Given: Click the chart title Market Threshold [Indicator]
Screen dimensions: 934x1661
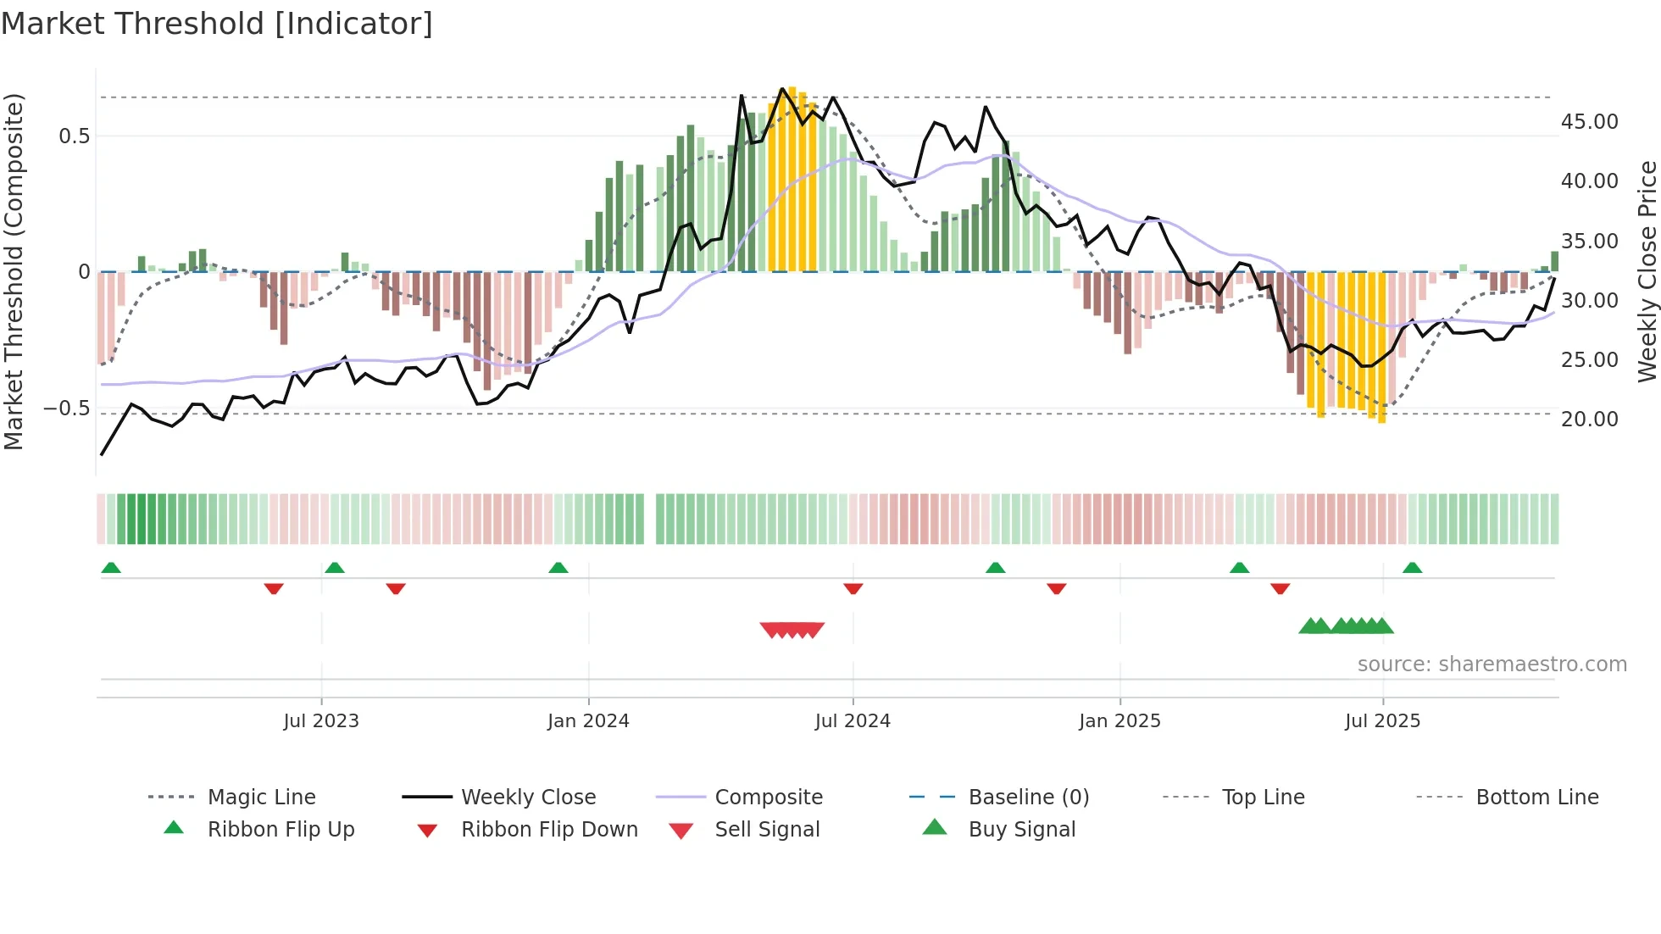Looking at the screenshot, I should pos(217,24).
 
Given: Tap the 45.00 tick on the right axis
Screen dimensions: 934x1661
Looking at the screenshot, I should pos(1589,122).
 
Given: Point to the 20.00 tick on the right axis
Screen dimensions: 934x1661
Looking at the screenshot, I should pos(1589,420).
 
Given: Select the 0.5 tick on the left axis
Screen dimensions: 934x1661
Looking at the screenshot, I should pos(75,136).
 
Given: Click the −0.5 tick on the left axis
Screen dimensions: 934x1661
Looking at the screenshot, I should pos(67,409).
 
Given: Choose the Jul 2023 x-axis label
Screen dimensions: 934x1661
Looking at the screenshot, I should pos(321,721).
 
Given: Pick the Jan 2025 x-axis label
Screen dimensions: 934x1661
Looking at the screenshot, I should pos(1119,721).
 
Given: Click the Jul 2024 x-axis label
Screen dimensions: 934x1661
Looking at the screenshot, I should pos(853,721).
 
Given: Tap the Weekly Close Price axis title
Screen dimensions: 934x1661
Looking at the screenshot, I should pos(1647,271).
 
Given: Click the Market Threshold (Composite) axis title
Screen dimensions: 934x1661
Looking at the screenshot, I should pos(14,271).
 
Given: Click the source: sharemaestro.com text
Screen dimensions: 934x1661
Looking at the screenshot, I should pos(1492,664).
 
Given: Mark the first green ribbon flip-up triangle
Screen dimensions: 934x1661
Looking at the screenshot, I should pos(111,568).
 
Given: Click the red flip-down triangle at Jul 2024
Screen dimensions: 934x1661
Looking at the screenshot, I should pos(853,588).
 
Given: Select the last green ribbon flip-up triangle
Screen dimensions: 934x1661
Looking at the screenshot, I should pos(1412,568).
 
